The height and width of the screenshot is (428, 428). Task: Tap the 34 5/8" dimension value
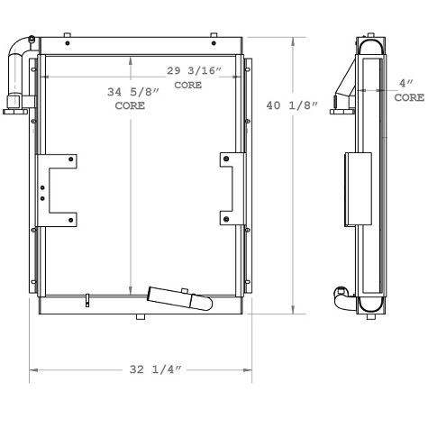pyautogui.click(x=129, y=92)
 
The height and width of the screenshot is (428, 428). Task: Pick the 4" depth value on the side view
pyautogui.click(x=406, y=83)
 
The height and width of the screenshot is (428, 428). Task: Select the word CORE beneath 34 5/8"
pyautogui.click(x=130, y=106)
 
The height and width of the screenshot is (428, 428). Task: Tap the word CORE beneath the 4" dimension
pyautogui.click(x=407, y=96)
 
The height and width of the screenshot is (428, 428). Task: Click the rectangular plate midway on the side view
pyautogui.click(x=359, y=190)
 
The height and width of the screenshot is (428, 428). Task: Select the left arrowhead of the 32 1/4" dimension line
pyautogui.click(x=33, y=369)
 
